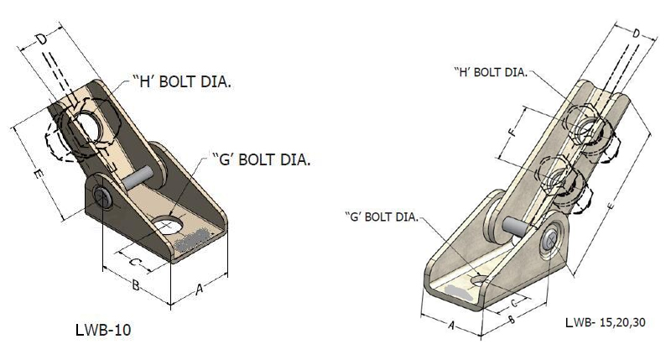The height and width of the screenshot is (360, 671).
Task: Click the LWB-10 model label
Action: click(103, 330)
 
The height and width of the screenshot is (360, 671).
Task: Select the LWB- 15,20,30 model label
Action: click(605, 322)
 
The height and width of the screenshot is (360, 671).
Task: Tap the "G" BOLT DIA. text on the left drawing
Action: click(262, 159)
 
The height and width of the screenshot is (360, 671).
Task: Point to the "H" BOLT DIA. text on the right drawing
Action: click(491, 72)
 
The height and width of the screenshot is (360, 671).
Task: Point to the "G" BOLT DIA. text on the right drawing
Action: click(382, 217)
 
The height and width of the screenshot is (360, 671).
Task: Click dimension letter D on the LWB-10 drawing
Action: click(41, 39)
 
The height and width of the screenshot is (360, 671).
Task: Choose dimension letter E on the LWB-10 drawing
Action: click(38, 175)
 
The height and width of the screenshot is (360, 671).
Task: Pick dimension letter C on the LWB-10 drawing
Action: click(134, 262)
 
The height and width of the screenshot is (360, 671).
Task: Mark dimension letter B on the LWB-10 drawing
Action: click(135, 285)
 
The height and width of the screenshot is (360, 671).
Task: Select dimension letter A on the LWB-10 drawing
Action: click(199, 290)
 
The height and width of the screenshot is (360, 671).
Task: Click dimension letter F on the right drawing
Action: click(513, 132)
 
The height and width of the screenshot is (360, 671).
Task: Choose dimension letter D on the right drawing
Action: click(637, 34)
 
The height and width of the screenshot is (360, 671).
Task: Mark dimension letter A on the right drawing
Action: click(451, 326)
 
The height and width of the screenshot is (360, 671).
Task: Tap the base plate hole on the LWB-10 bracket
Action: click(169, 225)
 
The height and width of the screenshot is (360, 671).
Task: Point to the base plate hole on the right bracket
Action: click(479, 281)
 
